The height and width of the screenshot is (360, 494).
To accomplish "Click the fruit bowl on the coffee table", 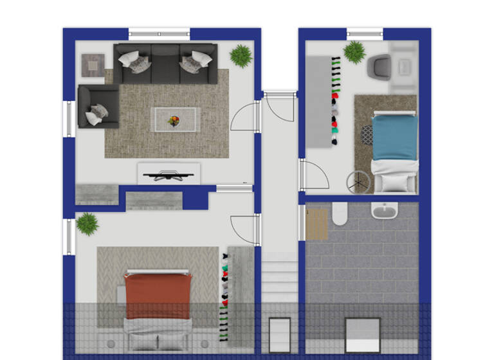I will (x=175, y=120).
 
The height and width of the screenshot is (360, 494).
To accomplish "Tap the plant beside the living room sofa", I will (x=241, y=55).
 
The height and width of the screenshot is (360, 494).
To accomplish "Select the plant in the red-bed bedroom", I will (x=87, y=224).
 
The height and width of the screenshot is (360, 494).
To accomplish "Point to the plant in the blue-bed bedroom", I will (x=354, y=52).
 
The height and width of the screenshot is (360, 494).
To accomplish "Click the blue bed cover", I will (x=396, y=136).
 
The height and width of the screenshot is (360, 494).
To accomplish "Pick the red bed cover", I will (x=158, y=295).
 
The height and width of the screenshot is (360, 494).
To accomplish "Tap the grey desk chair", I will (x=379, y=67).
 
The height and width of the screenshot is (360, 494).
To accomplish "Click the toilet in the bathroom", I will (x=340, y=214).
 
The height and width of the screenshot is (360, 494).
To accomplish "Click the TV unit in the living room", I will (x=169, y=173).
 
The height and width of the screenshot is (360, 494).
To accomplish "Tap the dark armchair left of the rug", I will (x=97, y=106).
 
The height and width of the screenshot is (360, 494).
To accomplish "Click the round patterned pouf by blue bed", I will (x=367, y=134).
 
